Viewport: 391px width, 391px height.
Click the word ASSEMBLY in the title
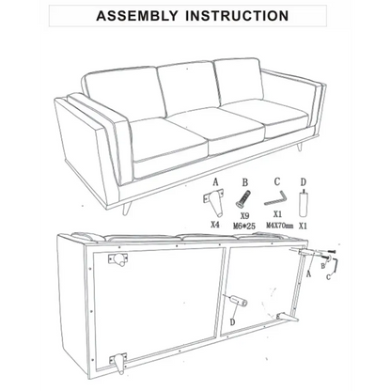pyautogui.click(x=137, y=16)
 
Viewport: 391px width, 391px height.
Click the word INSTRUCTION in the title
pyautogui.click(x=237, y=16)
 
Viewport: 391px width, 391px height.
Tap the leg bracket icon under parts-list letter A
pyautogui.click(x=214, y=200)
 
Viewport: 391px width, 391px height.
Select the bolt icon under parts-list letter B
pyautogui.click(x=243, y=198)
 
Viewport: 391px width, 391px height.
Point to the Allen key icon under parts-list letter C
pyautogui.click(x=275, y=199)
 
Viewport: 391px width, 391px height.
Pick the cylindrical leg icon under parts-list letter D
pyautogui.click(x=303, y=203)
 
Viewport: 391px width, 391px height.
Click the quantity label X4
pyautogui.click(x=214, y=225)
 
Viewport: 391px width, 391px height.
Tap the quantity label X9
pyautogui.click(x=244, y=216)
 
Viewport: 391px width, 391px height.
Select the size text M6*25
pyautogui.click(x=244, y=226)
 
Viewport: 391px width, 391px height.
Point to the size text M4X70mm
pyautogui.click(x=280, y=226)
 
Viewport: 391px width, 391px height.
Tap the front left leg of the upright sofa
pyautogui.click(x=126, y=209)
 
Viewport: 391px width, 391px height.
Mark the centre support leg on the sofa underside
pyautogui.click(x=239, y=301)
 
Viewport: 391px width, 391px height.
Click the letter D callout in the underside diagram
pyautogui.click(x=232, y=322)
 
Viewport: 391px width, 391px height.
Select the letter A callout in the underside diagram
pyautogui.click(x=308, y=274)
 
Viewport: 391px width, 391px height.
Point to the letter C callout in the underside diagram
pyautogui.click(x=328, y=276)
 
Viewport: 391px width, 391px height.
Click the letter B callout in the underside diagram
pyautogui.click(x=322, y=266)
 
